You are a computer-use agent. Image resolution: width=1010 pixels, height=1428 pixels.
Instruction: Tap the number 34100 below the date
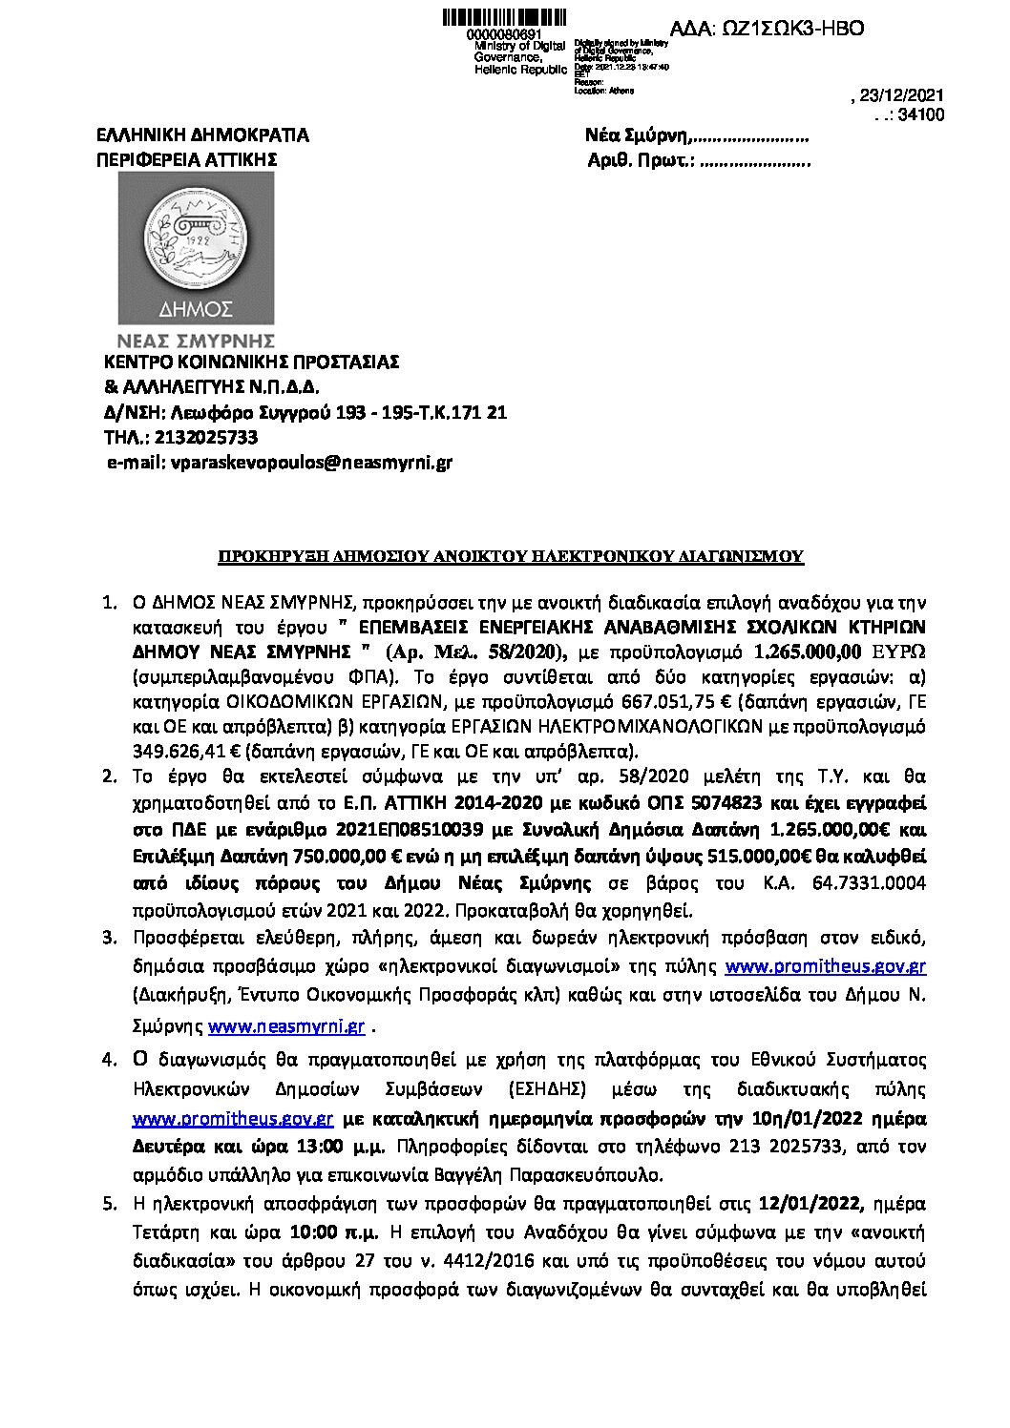pyautogui.click(x=921, y=114)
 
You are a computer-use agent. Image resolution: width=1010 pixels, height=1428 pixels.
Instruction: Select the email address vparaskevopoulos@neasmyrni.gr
pyautogui.click(x=309, y=463)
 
